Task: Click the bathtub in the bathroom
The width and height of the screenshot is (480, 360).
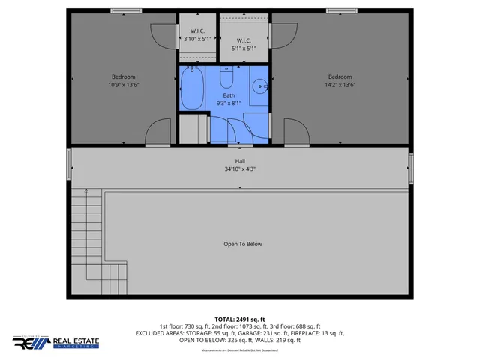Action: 193,88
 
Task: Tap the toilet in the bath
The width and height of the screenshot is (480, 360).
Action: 226,79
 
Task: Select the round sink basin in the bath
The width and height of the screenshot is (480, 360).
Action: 260,86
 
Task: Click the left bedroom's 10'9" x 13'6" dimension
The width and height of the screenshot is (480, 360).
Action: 124,85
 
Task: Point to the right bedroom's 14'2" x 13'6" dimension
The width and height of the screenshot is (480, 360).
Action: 339,85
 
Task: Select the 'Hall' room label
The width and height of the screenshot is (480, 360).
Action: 240,161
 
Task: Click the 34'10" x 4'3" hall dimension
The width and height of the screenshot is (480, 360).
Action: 240,169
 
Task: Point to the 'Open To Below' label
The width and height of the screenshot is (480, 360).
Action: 243,244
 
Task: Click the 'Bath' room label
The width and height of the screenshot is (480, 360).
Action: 228,94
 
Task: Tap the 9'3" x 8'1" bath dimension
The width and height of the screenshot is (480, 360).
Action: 228,103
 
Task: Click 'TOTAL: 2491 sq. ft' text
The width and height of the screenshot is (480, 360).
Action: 240,319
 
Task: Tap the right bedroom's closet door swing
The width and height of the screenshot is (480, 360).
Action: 282,34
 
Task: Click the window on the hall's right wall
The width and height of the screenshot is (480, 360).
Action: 410,169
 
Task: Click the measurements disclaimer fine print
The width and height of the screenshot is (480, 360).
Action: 240,351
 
